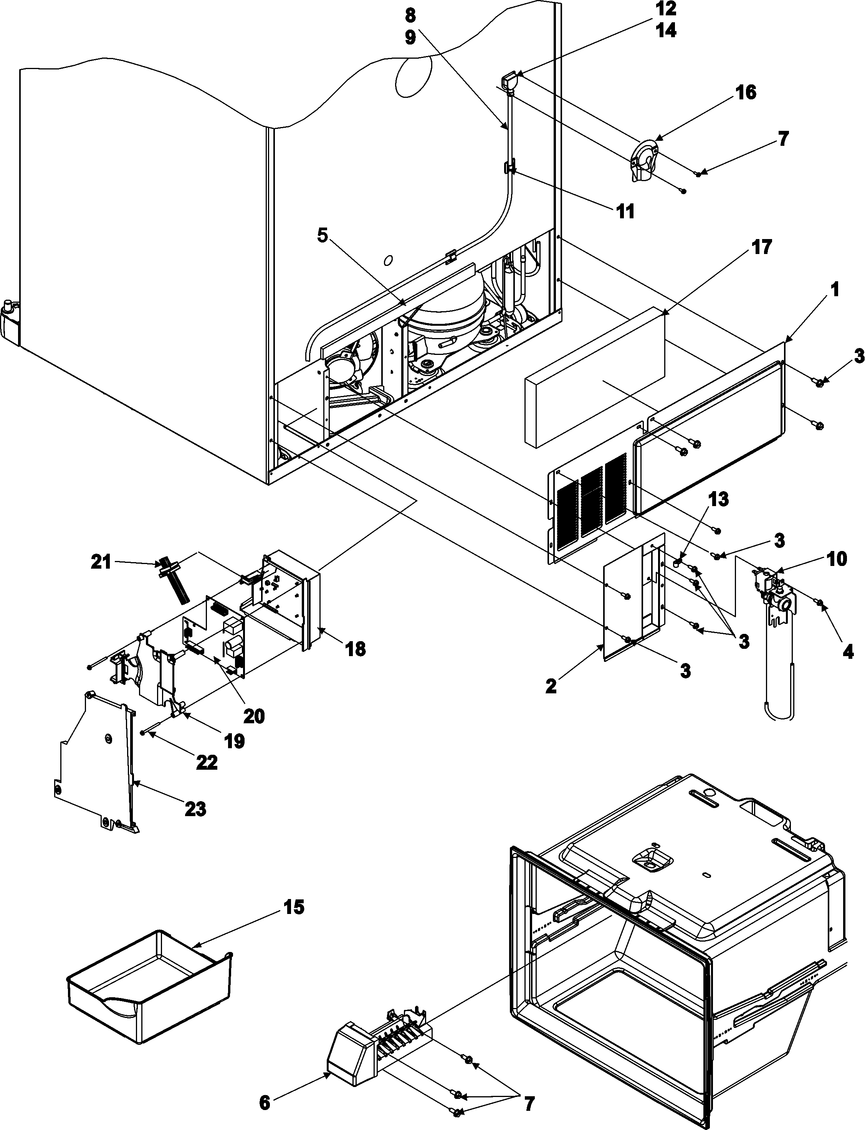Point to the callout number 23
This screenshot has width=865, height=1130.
tap(196, 808)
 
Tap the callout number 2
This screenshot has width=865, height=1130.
tap(551, 687)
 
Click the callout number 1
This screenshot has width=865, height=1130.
tap(835, 290)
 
